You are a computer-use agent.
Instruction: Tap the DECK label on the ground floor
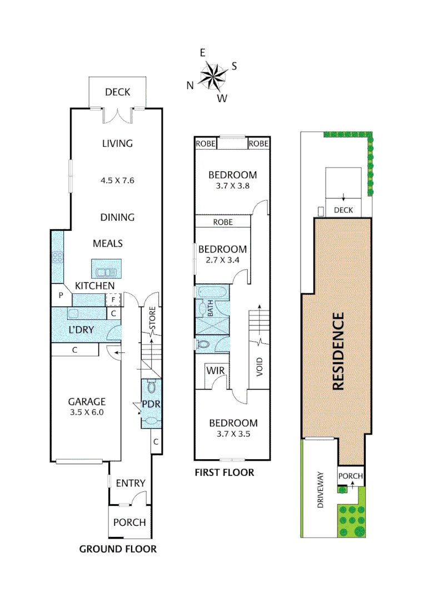(x=117, y=92)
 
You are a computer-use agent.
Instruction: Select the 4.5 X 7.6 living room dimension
(x=117, y=180)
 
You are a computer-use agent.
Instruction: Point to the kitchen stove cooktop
(x=57, y=257)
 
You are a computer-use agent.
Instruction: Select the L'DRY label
(x=81, y=329)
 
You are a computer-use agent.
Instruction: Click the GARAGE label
(x=87, y=402)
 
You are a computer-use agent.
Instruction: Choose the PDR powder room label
(x=151, y=404)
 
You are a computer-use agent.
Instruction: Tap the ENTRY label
(x=130, y=483)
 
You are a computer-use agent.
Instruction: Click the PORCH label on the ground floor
(x=129, y=523)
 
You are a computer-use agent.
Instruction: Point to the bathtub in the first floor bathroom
(x=212, y=292)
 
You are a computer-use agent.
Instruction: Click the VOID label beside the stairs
(x=260, y=368)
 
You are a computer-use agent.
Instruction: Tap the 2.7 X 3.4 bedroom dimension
(x=222, y=259)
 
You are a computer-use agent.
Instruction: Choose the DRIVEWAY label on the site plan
(x=320, y=491)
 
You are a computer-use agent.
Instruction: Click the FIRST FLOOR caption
(x=224, y=472)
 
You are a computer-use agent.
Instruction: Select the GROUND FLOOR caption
(x=118, y=549)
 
